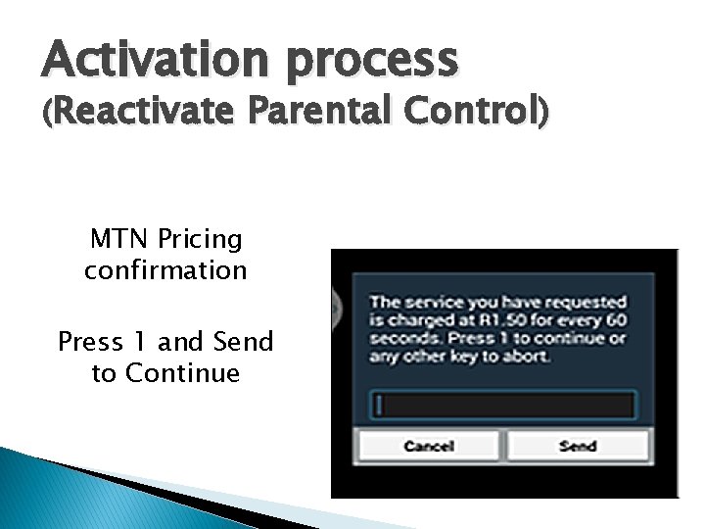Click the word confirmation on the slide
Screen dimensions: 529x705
pos(165,269)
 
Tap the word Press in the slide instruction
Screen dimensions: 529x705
pos(90,342)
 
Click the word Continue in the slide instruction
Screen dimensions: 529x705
pos(182,373)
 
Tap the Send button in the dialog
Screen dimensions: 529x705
pos(578,446)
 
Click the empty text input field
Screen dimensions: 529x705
pos(503,405)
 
